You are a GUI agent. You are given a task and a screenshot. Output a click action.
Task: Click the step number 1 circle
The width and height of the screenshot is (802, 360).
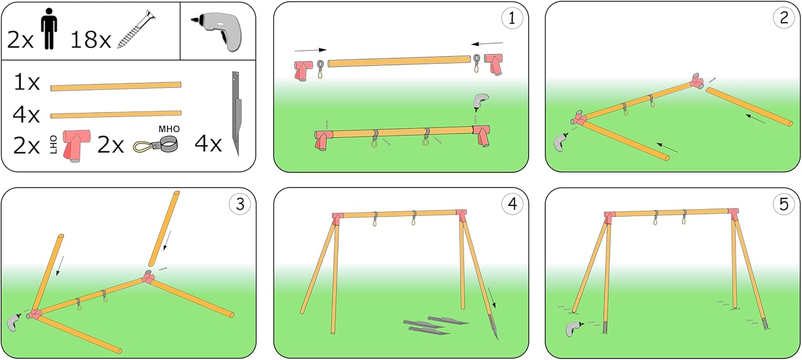pyautogui.click(x=512, y=18)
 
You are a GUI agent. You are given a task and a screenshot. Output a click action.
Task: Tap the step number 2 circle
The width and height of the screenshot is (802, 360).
pyautogui.click(x=783, y=18)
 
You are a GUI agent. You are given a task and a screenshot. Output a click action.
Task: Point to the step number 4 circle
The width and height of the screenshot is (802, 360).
pyautogui.click(x=512, y=204)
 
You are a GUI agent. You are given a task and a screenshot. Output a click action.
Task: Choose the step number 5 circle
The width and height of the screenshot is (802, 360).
pyautogui.click(x=783, y=204)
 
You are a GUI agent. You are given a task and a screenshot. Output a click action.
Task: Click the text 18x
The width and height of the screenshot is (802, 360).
pyautogui.click(x=90, y=39)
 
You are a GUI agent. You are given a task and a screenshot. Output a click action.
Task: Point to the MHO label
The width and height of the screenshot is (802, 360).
pyautogui.click(x=169, y=129)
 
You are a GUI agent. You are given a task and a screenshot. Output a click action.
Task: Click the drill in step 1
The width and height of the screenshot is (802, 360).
pyautogui.click(x=481, y=102)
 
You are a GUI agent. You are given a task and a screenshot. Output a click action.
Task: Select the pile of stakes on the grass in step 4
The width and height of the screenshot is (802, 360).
pyautogui.click(x=434, y=326)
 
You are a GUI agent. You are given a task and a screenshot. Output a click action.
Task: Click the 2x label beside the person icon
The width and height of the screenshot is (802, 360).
pyautogui.click(x=20, y=39)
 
